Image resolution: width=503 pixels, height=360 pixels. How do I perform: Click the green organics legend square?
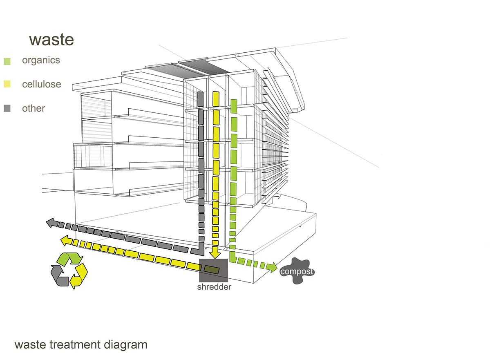point(7,61)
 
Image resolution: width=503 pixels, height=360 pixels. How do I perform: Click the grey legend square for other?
point(7,109)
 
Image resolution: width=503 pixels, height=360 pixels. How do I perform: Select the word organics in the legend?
point(41,60)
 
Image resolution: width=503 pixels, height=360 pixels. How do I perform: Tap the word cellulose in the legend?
point(41,85)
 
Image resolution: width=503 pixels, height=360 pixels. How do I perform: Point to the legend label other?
point(34,109)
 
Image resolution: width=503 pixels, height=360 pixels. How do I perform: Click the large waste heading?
point(51,40)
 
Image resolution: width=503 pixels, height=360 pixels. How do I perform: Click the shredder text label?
point(214,287)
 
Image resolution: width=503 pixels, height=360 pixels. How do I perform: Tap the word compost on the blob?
point(297,272)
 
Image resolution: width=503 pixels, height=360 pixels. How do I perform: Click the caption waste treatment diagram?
point(80,345)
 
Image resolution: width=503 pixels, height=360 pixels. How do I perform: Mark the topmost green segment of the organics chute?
point(234,106)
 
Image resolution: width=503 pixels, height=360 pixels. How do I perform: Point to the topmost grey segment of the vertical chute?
point(200,98)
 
